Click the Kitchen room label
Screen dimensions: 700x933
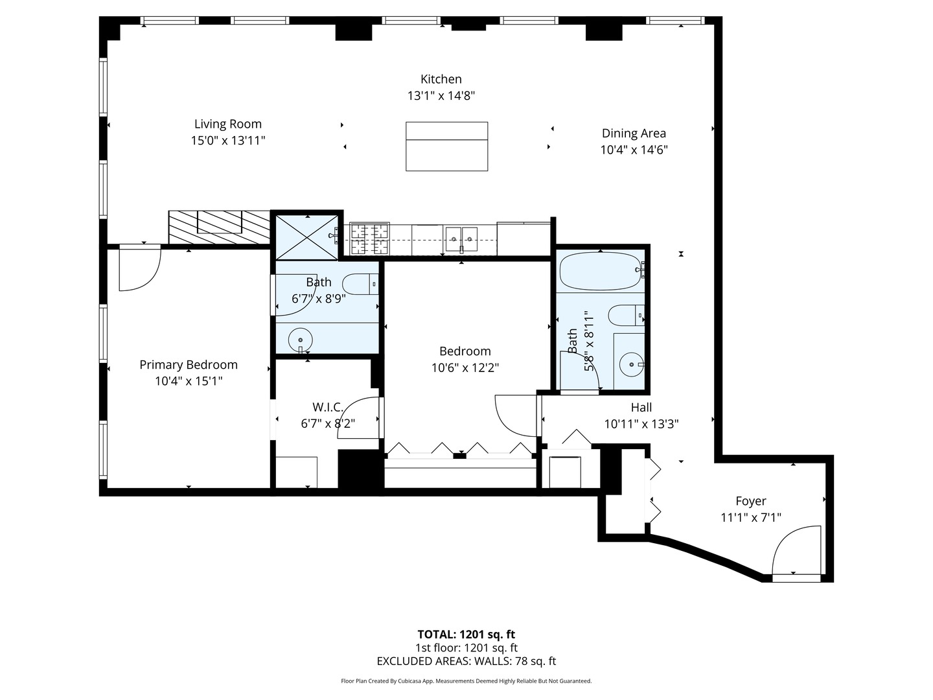coord(441,79)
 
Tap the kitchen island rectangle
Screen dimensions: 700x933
coord(446,146)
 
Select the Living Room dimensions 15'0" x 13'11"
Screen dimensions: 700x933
coord(228,140)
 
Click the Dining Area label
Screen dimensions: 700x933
coord(634,133)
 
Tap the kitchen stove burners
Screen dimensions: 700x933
coord(370,239)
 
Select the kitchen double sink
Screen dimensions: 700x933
coord(461,239)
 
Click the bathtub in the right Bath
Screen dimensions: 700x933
coord(601,272)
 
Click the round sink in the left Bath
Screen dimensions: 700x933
coord(300,339)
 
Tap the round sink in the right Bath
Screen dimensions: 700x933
coord(630,365)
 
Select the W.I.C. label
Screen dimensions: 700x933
coord(328,407)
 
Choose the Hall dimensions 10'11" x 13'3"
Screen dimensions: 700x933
coord(641,424)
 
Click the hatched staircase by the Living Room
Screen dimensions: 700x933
coord(219,227)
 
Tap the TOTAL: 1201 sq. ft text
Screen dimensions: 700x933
coord(466,635)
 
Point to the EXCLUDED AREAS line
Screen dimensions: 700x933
coord(466,661)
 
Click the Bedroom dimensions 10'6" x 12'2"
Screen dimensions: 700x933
coord(465,367)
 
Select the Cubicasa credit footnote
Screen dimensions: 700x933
coord(466,681)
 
